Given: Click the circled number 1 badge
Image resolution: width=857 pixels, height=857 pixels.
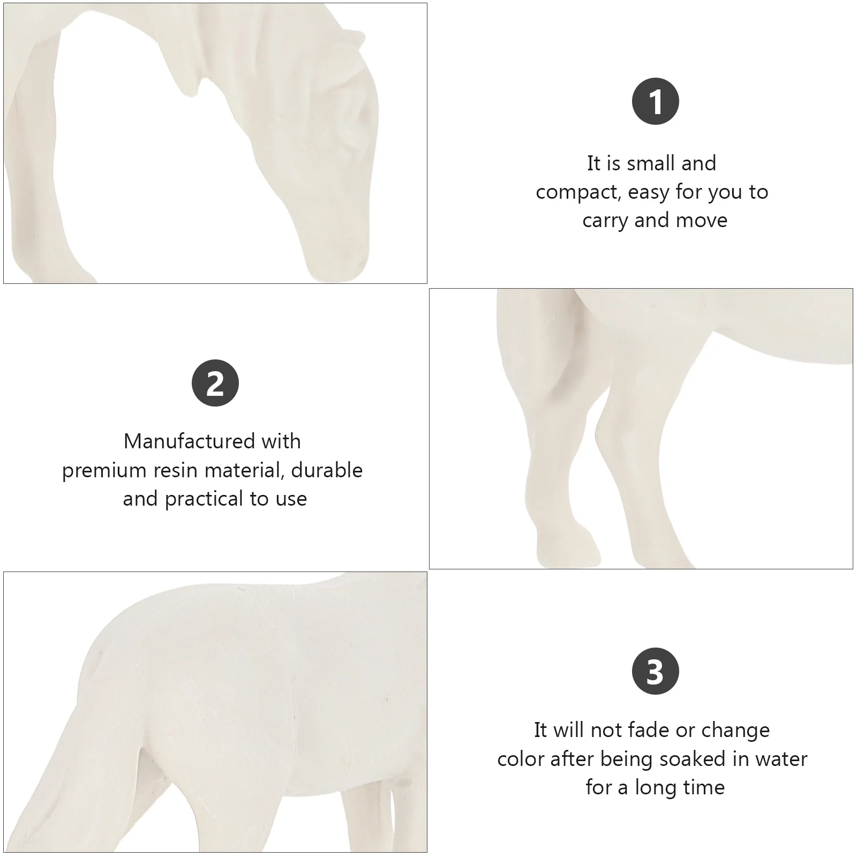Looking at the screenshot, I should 655,101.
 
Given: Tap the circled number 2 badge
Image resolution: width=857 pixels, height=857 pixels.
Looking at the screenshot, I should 215,383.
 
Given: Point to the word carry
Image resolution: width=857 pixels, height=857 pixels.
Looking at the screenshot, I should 605,221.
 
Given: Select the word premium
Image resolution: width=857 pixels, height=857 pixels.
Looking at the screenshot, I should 103,470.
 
